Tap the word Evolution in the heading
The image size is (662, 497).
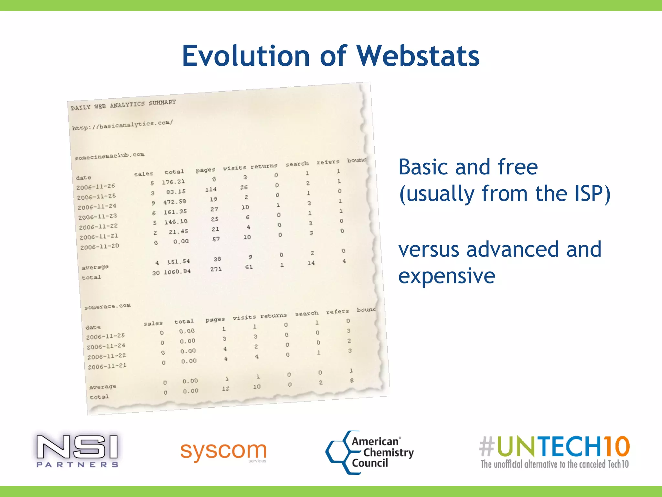pyautogui.click(x=246, y=56)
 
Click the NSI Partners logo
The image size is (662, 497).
pyautogui.click(x=77, y=451)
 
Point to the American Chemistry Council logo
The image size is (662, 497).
pyautogui.click(x=370, y=452)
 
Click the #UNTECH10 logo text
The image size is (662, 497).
pyautogui.click(x=554, y=447)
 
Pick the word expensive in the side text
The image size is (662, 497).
pyautogui.click(x=446, y=276)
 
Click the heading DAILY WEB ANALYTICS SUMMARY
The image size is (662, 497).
pyautogui.click(x=123, y=105)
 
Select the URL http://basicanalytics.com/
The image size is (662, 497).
pyautogui.click(x=123, y=125)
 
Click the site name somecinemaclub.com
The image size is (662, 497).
pyautogui.click(x=109, y=156)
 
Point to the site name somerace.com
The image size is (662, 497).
pyautogui.click(x=107, y=306)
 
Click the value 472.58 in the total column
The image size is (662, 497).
pyautogui.click(x=175, y=202)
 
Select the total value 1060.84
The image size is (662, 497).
pyautogui.click(x=177, y=272)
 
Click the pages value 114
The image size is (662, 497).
pyautogui.click(x=211, y=189)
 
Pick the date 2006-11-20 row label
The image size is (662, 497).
pyautogui.click(x=100, y=247)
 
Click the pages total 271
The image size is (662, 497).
pyautogui.click(x=216, y=269)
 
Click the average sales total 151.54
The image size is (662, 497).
pyautogui.click(x=178, y=261)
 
